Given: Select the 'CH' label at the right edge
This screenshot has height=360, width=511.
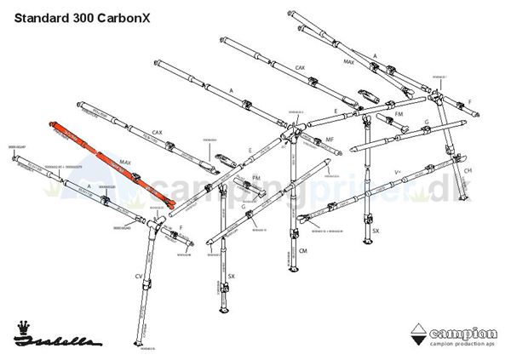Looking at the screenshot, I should coord(468,169).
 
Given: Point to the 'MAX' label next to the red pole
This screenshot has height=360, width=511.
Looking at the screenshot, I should coord(125,162).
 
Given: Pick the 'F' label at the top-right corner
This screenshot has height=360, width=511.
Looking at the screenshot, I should coord(469,101).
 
